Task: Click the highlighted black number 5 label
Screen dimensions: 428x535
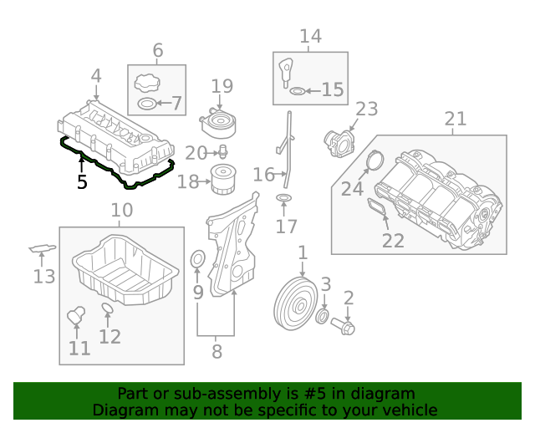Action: pyautogui.click(x=82, y=181)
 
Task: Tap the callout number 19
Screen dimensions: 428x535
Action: pyautogui.click(x=222, y=85)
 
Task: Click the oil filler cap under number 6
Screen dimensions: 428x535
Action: pyautogui.click(x=145, y=84)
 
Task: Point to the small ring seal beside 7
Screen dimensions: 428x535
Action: pyautogui.click(x=145, y=104)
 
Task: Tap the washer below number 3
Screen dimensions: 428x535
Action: pyautogui.click(x=323, y=317)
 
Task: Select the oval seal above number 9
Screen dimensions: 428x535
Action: pyautogui.click(x=198, y=261)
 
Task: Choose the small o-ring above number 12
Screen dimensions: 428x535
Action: pyautogui.click(x=108, y=311)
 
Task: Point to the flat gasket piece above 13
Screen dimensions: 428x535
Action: pyautogui.click(x=42, y=248)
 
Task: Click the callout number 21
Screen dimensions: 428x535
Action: pyautogui.click(x=456, y=119)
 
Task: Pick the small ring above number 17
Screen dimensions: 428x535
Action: pyautogui.click(x=284, y=198)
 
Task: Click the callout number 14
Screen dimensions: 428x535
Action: pyautogui.click(x=310, y=36)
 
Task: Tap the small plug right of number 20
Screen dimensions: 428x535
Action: pyautogui.click(x=223, y=152)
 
